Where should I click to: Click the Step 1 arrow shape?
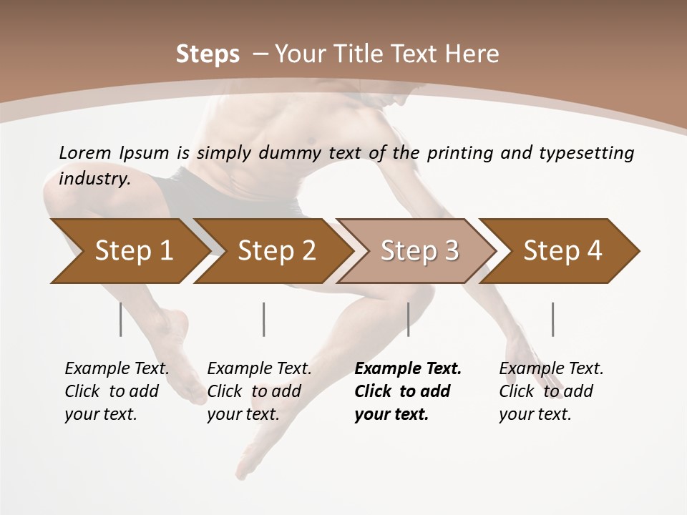tap(129, 251)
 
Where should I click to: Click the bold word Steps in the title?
tap(208, 54)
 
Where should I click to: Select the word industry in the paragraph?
tap(94, 178)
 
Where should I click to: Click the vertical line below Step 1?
tap(120, 319)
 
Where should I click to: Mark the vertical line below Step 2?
tap(264, 319)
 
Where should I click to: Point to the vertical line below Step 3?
tap(409, 319)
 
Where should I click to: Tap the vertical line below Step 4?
tap(552, 319)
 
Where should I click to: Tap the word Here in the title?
tap(474, 54)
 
